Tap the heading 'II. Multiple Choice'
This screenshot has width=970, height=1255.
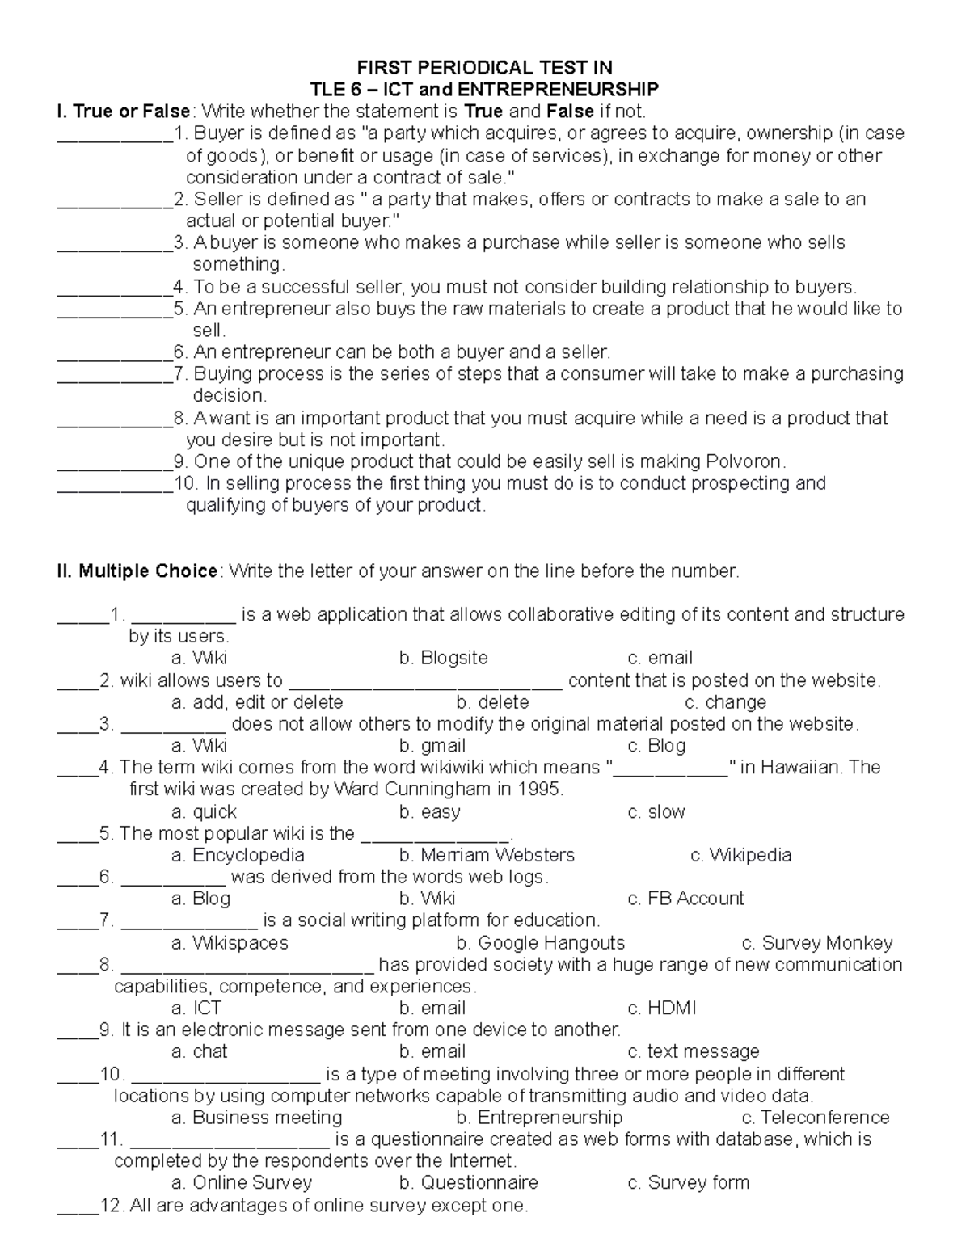tap(137, 571)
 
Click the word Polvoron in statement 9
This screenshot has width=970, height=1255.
tap(744, 461)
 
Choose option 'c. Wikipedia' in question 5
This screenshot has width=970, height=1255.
tap(740, 855)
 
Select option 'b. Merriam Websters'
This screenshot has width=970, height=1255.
tap(487, 855)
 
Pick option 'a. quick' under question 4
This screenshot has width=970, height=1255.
tap(204, 811)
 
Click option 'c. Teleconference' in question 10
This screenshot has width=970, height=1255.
tap(815, 1118)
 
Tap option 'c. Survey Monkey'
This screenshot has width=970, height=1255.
tap(816, 943)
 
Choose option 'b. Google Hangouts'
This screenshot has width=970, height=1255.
tap(540, 943)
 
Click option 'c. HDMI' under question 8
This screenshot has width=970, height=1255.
tap(661, 1008)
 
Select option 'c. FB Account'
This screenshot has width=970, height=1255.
tap(685, 899)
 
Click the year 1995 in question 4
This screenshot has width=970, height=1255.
tap(539, 789)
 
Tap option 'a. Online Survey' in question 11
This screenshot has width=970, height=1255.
tap(242, 1182)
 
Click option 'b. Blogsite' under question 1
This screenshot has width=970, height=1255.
tap(443, 658)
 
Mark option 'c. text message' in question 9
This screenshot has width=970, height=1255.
tap(694, 1051)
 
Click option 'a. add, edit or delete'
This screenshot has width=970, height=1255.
tap(257, 702)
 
